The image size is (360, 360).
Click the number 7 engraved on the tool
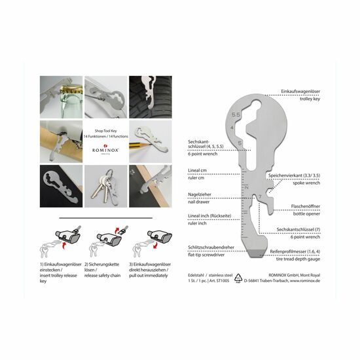(x=261, y=196)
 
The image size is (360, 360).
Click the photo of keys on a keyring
(x=103, y=183)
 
